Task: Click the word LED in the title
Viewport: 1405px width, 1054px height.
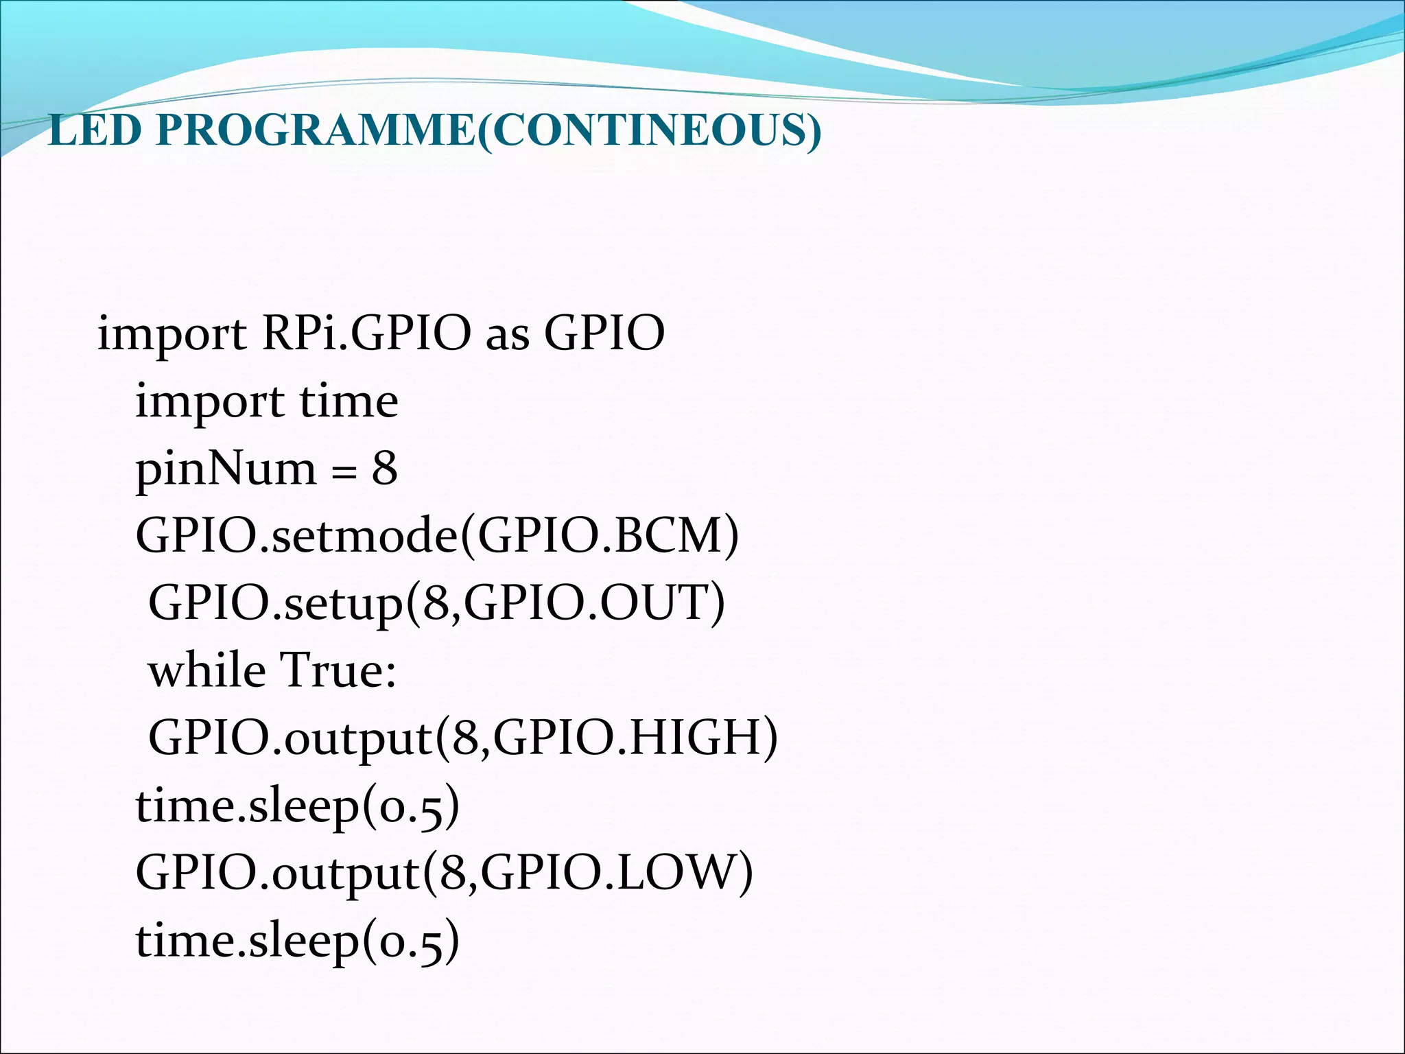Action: [x=95, y=130]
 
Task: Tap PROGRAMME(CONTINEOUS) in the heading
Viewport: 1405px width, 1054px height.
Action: [x=488, y=130]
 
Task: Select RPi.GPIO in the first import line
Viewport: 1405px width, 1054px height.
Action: [x=366, y=333]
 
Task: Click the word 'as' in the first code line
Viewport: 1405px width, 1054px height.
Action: [x=508, y=333]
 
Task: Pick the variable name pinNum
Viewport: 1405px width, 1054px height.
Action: [x=226, y=469]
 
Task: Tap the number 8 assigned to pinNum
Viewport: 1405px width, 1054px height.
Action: [x=385, y=469]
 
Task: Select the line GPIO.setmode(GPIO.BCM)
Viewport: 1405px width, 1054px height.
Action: [x=437, y=536]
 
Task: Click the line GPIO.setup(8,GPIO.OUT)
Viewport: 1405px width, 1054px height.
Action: [x=436, y=603]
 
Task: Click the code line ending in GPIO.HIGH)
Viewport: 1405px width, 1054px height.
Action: [x=463, y=738]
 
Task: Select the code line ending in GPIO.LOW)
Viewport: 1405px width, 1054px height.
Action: [x=444, y=872]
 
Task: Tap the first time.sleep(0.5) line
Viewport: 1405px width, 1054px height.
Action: [x=297, y=805]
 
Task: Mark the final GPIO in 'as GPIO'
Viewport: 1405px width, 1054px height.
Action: [x=604, y=333]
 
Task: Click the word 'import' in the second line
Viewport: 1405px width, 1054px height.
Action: [x=209, y=402]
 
